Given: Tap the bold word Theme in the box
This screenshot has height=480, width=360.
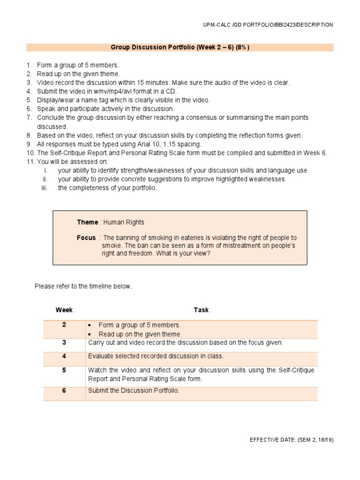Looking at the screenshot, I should coord(88,222).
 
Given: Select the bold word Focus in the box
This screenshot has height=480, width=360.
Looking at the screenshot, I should coord(86,238).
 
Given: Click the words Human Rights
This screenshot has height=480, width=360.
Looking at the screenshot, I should coord(124,222).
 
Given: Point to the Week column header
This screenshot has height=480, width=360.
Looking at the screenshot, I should coord(64,310).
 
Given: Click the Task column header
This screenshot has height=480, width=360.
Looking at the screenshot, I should coord(201,310).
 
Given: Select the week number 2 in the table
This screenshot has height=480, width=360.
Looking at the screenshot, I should coord(64,325).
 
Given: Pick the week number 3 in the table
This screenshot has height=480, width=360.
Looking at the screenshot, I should coord(64,343).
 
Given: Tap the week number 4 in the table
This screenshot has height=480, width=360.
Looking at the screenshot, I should coord(64,356).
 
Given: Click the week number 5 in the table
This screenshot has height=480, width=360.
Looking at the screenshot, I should coord(64,370).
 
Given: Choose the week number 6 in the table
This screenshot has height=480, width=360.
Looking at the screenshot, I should coord(64,390).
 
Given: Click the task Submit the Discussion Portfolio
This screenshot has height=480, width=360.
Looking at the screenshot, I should coord(134,390).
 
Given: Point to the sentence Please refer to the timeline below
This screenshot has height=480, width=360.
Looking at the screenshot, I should coord(83,286).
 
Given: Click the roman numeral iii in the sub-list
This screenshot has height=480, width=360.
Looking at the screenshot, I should coord(45,188).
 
